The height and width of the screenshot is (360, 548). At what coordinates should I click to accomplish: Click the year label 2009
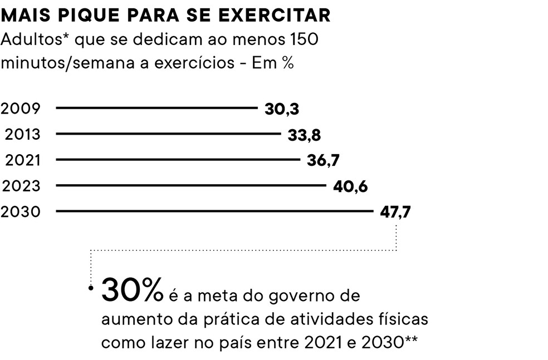pyautogui.click(x=21, y=109)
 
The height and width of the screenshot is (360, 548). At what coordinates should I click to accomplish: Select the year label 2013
pyautogui.click(x=23, y=134)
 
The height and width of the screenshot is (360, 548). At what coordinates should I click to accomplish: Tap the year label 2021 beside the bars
pyautogui.click(x=23, y=160)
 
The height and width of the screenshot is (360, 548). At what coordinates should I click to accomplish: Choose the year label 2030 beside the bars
pyautogui.click(x=21, y=211)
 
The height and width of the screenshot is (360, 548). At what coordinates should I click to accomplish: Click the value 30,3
pyautogui.click(x=282, y=109)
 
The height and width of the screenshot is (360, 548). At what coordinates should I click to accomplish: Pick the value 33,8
pyautogui.click(x=304, y=135)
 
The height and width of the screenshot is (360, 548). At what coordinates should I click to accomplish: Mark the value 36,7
pyautogui.click(x=323, y=160)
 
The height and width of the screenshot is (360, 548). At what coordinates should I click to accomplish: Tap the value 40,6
pyautogui.click(x=350, y=186)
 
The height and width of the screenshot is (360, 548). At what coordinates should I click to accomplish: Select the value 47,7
pyautogui.click(x=395, y=212)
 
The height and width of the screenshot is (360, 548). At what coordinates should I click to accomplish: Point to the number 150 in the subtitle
pyautogui.click(x=307, y=41)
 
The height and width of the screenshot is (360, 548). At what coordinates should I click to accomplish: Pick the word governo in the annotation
pyautogui.click(x=299, y=295)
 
